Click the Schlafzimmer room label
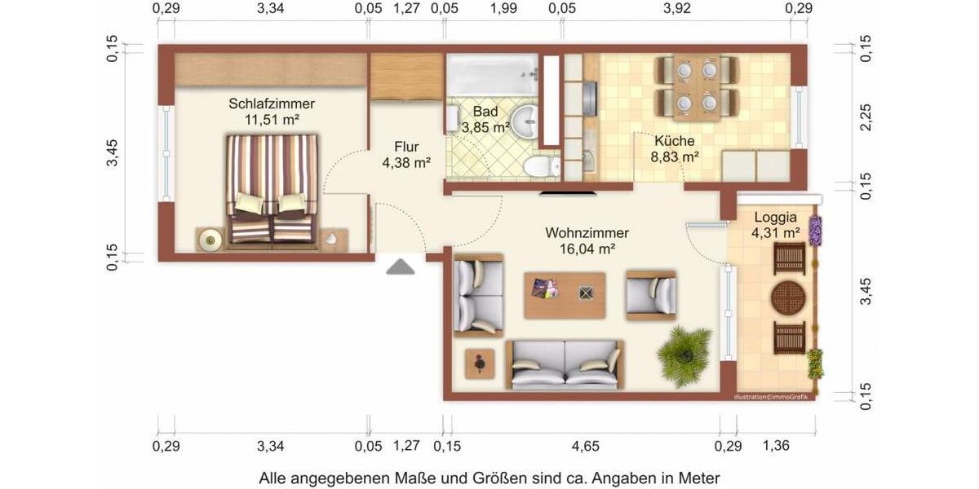point(272,104)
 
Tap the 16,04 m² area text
point(587,250)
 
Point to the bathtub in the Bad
point(492,74)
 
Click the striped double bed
point(272,188)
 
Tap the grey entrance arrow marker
point(400,267)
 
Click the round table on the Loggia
point(789,297)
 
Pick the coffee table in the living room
point(565,294)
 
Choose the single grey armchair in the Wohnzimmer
point(652,294)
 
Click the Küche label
point(674,141)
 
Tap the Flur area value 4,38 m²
point(406,163)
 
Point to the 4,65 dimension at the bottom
point(585,446)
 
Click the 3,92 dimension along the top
point(676,9)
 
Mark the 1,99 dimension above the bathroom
point(503,9)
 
